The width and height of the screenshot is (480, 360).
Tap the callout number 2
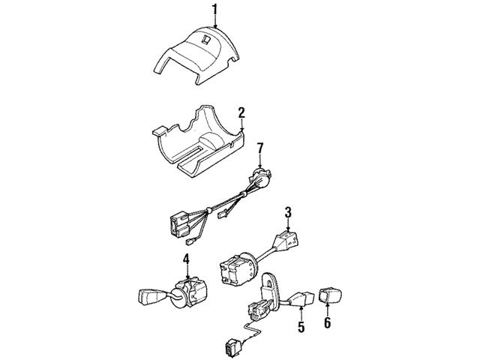tap(241, 112)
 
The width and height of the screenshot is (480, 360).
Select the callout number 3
tap(288, 212)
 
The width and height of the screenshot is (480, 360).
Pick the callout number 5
tap(301, 327)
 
